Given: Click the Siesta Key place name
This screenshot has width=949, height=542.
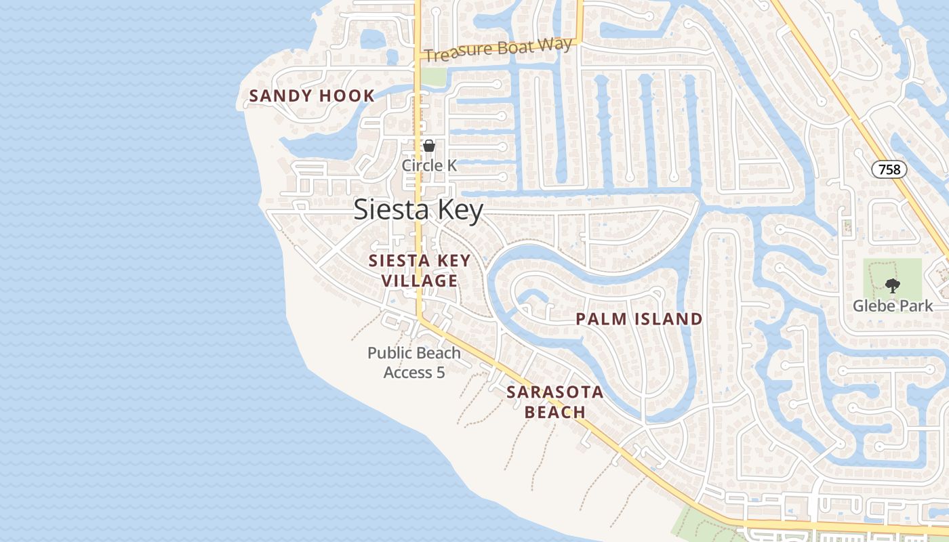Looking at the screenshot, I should coord(418,210).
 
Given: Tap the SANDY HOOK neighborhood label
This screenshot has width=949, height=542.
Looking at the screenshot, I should coord(312,96).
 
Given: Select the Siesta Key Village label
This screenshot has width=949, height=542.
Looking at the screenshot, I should coord(419,270).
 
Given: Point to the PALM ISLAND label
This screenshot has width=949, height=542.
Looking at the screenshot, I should coord(639,319).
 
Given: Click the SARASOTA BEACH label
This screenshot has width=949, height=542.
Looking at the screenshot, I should coord(554,402).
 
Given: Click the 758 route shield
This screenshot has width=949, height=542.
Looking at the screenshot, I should coord(889,169).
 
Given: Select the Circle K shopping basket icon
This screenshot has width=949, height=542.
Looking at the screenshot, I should coord(429,145).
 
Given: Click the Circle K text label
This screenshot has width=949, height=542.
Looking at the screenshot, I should coord(429,165).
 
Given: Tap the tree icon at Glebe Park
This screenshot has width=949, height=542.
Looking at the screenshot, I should coord(893,286).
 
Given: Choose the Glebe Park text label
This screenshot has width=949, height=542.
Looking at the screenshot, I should coord(893,306).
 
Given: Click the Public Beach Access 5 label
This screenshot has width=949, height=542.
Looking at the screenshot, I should coord(413,362).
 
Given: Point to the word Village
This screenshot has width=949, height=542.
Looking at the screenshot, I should coord(419,280).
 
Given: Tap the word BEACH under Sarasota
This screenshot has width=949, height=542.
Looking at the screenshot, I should coord(555,412).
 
